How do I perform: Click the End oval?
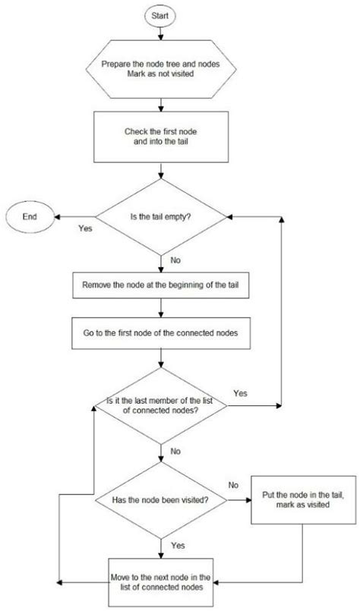(x=30, y=216)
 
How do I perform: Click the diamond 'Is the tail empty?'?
(x=160, y=216)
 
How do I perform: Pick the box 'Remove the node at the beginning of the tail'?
(x=160, y=286)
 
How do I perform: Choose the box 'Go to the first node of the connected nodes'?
(x=160, y=332)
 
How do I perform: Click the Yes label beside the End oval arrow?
(x=86, y=227)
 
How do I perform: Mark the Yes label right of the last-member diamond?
(x=240, y=393)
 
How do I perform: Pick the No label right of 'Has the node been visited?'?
(x=234, y=483)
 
